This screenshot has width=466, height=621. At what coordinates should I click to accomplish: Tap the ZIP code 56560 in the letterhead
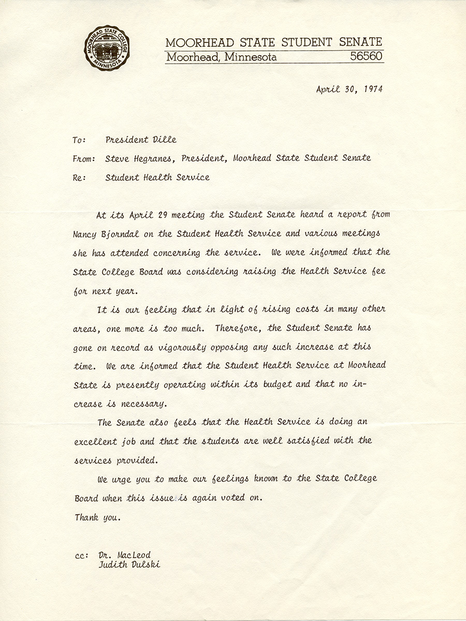click(367, 57)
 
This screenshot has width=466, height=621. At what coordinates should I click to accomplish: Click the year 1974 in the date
click(372, 89)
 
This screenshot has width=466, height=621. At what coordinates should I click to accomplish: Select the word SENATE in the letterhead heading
click(357, 42)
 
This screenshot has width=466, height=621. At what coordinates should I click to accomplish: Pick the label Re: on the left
click(81, 178)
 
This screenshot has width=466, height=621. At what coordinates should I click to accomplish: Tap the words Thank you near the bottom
click(97, 517)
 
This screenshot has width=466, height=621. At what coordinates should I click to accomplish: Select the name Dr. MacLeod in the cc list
click(124, 555)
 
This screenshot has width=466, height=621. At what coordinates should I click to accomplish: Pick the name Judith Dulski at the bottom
click(129, 565)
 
